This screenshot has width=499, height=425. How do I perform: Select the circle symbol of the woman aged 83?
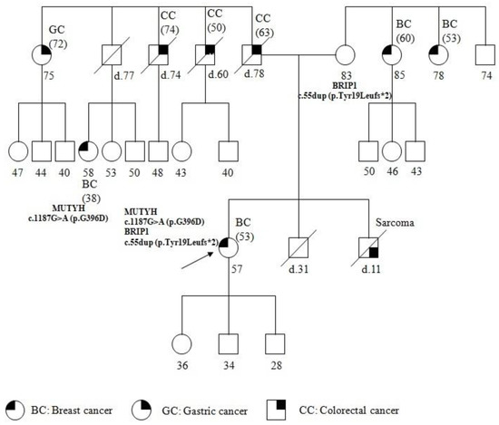pos(347,55)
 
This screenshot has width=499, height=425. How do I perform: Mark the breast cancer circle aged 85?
pos(392,55)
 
